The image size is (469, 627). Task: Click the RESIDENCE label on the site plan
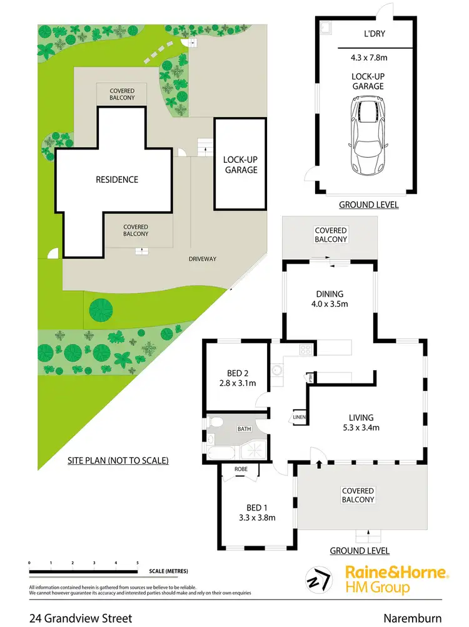tap(116, 180)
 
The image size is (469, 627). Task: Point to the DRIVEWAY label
tap(203, 259)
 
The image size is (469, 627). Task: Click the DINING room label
tap(330, 294)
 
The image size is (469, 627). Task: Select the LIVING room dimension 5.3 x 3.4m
tap(361, 428)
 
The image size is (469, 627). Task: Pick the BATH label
tap(244, 430)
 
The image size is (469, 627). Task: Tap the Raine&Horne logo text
tap(396, 573)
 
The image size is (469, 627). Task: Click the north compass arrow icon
tap(319, 580)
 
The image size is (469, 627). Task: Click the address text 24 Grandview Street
tap(81, 618)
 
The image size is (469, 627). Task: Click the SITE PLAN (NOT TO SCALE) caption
tap(118, 460)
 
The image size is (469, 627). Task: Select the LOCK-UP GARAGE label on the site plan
tap(240, 165)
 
